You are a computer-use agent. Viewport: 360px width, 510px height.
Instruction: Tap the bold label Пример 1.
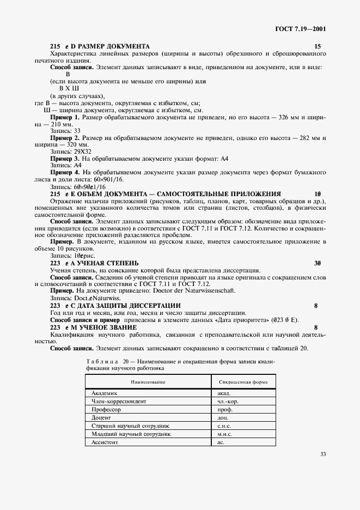coord(65,117)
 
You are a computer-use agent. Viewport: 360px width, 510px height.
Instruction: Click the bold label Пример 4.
coord(65,172)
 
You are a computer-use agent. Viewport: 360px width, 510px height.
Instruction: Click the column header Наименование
coord(148,382)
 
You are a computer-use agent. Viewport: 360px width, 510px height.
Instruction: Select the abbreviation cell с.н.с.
coord(225,426)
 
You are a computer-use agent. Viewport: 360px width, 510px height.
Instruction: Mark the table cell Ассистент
coord(105,442)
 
